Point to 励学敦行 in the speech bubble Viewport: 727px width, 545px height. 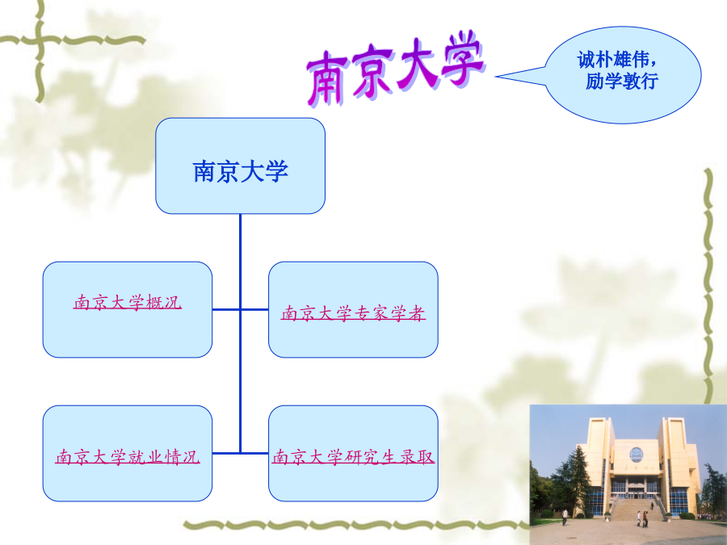click(x=622, y=81)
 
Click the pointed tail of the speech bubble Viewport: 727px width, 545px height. click(x=497, y=77)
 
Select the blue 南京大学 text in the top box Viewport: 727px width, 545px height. click(x=240, y=171)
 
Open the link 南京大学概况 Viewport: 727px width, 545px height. click(x=128, y=303)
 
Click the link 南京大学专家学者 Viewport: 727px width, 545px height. click(x=353, y=313)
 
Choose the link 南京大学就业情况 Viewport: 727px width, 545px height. click(x=128, y=457)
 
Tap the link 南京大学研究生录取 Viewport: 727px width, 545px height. click(x=353, y=457)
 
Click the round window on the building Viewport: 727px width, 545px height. click(x=637, y=454)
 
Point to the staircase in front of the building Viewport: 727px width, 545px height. click(x=637, y=509)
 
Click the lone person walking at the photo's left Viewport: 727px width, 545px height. click(x=565, y=518)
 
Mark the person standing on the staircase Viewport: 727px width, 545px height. click(x=652, y=505)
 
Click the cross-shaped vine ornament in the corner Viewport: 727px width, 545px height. click(x=40, y=42)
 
